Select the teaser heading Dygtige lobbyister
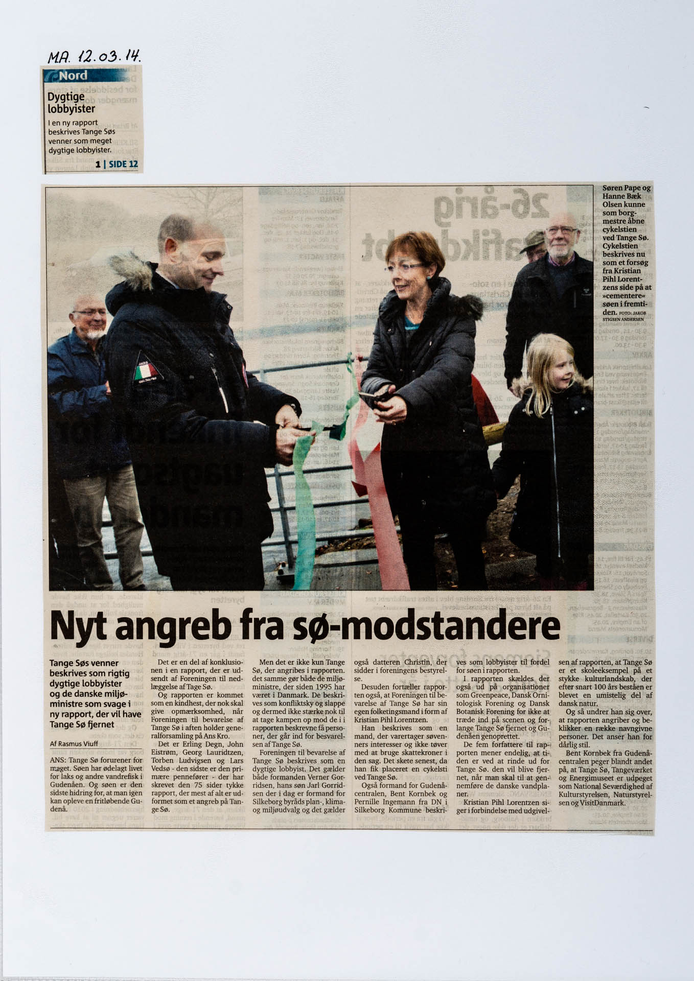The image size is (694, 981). (72, 102)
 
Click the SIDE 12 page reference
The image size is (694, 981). (123, 164)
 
